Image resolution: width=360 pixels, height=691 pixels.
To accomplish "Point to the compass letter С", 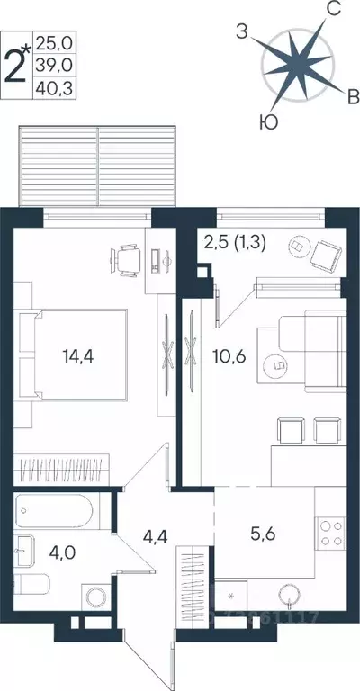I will pyautogui.click(x=331, y=10).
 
